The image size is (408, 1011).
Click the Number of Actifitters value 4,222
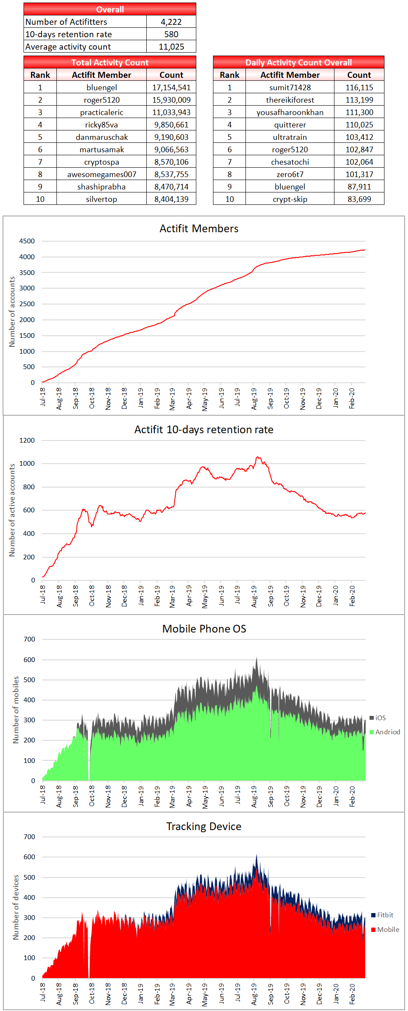171,22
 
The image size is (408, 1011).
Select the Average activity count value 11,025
171,47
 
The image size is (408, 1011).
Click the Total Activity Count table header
110,62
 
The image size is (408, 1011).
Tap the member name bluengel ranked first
101,87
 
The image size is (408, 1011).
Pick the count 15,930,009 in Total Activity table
171,100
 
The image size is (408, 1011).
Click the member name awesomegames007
101,174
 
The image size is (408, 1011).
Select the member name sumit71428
290,87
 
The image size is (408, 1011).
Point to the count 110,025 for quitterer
359,124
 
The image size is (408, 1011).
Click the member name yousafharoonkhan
290,112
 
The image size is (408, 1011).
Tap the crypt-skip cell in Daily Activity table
290,199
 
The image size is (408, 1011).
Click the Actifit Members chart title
199,228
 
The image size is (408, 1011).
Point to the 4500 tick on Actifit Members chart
27,241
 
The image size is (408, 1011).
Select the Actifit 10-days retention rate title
204,429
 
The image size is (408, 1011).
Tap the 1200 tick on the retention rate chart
27,440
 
